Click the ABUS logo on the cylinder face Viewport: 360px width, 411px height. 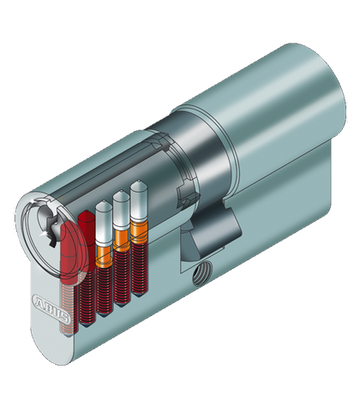click(51, 308)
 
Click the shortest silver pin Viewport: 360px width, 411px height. click(104, 224)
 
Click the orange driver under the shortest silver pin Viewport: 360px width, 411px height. click(104, 256)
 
